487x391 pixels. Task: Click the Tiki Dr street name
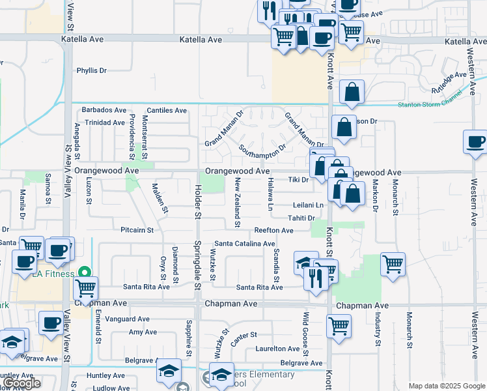point(298,179)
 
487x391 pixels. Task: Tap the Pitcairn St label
point(137,230)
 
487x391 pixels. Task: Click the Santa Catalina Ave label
point(245,244)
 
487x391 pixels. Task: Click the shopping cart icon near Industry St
point(393,264)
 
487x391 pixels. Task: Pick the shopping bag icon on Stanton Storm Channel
point(352,93)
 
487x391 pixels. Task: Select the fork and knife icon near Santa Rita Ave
point(316,279)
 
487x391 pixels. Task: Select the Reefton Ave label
point(273,230)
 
